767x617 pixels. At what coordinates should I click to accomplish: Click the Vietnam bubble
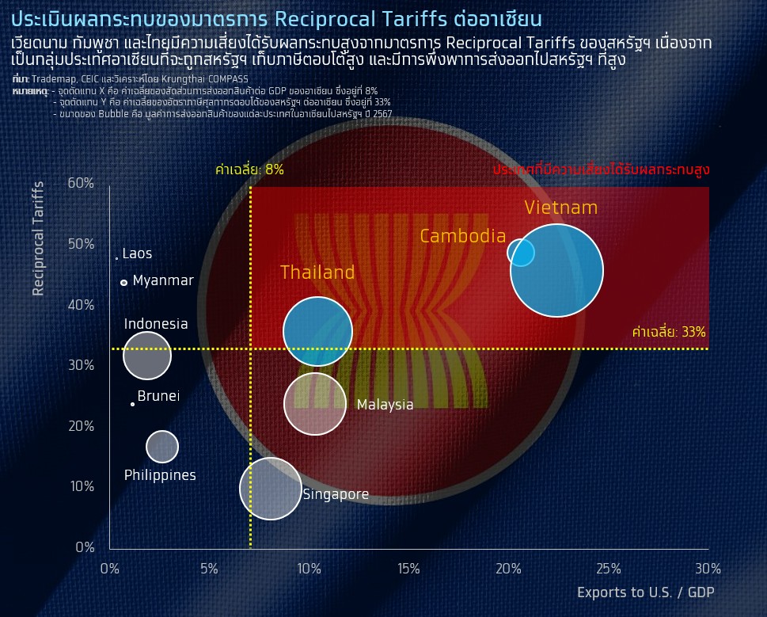(x=556, y=271)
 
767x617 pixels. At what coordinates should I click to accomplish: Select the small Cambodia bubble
(x=521, y=252)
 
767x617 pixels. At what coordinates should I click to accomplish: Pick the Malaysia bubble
(x=315, y=404)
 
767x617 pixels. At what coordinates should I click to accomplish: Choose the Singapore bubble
(x=271, y=489)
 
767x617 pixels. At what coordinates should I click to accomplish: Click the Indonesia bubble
(x=147, y=356)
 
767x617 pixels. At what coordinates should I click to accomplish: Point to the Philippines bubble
(x=162, y=446)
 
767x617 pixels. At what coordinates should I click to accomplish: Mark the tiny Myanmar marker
(x=123, y=282)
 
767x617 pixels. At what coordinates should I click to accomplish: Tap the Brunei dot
(x=132, y=404)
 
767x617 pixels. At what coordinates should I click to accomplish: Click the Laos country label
(x=137, y=254)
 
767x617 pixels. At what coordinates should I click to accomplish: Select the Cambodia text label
(x=462, y=236)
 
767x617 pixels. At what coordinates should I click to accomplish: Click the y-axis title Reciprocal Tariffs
(x=38, y=238)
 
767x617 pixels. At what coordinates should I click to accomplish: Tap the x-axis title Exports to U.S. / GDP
(x=646, y=592)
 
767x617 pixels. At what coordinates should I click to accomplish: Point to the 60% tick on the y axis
(x=81, y=183)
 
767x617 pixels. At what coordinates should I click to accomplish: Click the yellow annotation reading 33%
(x=669, y=332)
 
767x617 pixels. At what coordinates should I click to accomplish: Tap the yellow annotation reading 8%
(x=249, y=169)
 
